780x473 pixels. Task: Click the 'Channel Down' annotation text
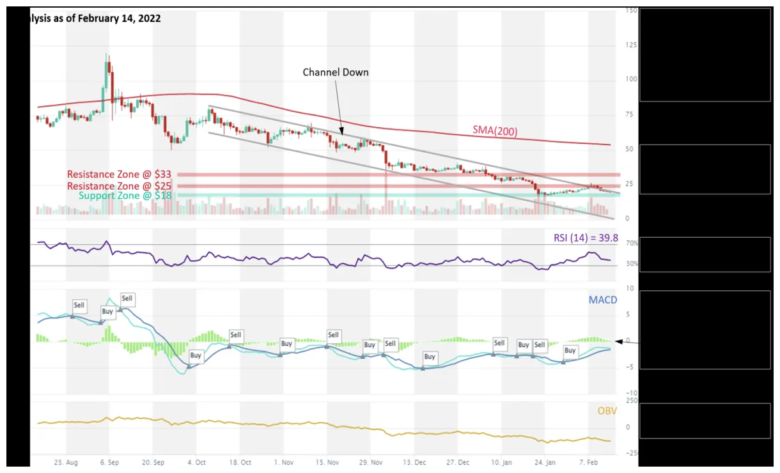coord(336,72)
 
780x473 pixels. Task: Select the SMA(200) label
coord(495,131)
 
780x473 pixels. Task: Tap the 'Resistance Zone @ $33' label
coord(120,174)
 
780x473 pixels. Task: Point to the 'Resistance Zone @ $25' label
coord(120,185)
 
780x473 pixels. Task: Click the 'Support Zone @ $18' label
coord(125,196)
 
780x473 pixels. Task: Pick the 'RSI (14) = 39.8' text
coord(586,238)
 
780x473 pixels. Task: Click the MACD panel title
coord(603,299)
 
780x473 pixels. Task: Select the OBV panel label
coord(607,410)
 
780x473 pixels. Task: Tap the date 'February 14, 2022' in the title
coord(119,19)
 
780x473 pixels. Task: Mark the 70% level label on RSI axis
coord(632,244)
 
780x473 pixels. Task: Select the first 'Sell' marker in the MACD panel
coord(79,306)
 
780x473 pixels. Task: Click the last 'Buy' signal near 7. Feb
coord(570,350)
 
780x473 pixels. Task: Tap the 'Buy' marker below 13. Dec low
coord(430,357)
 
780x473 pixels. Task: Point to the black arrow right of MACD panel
coord(627,342)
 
